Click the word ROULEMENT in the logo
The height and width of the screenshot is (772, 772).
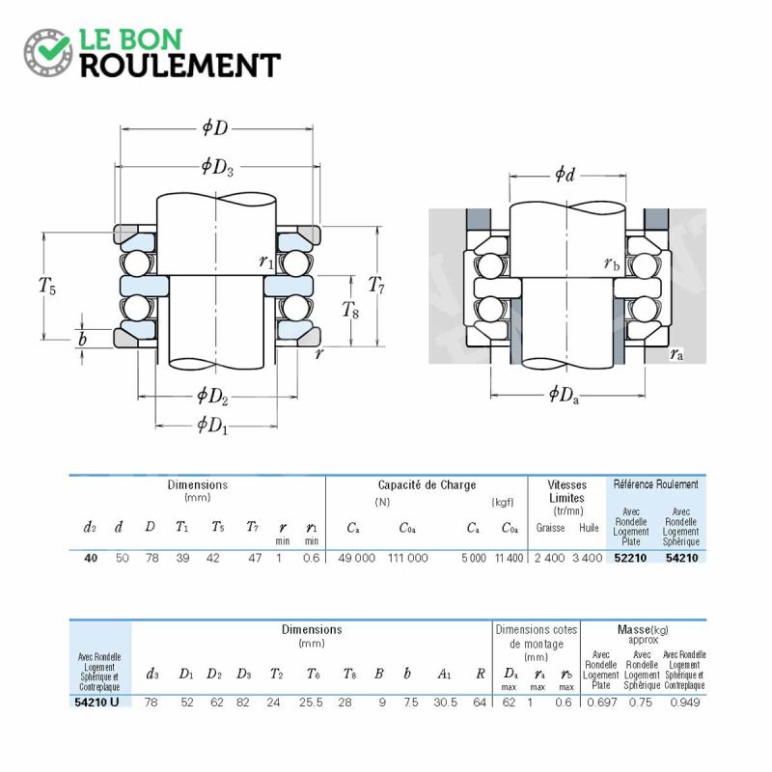pos(180,66)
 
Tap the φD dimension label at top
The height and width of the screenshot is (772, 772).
pos(215,128)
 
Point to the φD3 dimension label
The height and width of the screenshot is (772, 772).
pos(217,167)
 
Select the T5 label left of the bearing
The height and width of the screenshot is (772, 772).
pos(47,286)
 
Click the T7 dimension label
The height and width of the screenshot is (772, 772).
pos(376,285)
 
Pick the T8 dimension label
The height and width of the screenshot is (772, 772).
pos(350,310)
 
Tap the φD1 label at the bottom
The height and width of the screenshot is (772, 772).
pos(212,425)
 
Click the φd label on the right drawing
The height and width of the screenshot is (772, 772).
pos(565,174)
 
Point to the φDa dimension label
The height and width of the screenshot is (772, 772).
pos(564,395)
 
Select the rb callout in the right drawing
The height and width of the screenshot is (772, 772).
pos(612,264)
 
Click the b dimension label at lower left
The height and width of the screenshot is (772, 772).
pos(83,339)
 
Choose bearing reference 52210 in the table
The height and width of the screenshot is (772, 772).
pos(630,558)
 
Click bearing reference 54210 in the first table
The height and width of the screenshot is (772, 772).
pos(682,558)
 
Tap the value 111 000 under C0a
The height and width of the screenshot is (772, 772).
pos(407,558)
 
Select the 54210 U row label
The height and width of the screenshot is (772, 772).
pos(97,703)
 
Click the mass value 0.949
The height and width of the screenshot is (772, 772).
pos(685,703)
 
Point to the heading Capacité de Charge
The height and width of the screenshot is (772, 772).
pos(427,485)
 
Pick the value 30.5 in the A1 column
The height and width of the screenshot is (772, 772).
pos(446,703)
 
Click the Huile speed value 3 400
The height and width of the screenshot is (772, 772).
pos(588,558)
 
